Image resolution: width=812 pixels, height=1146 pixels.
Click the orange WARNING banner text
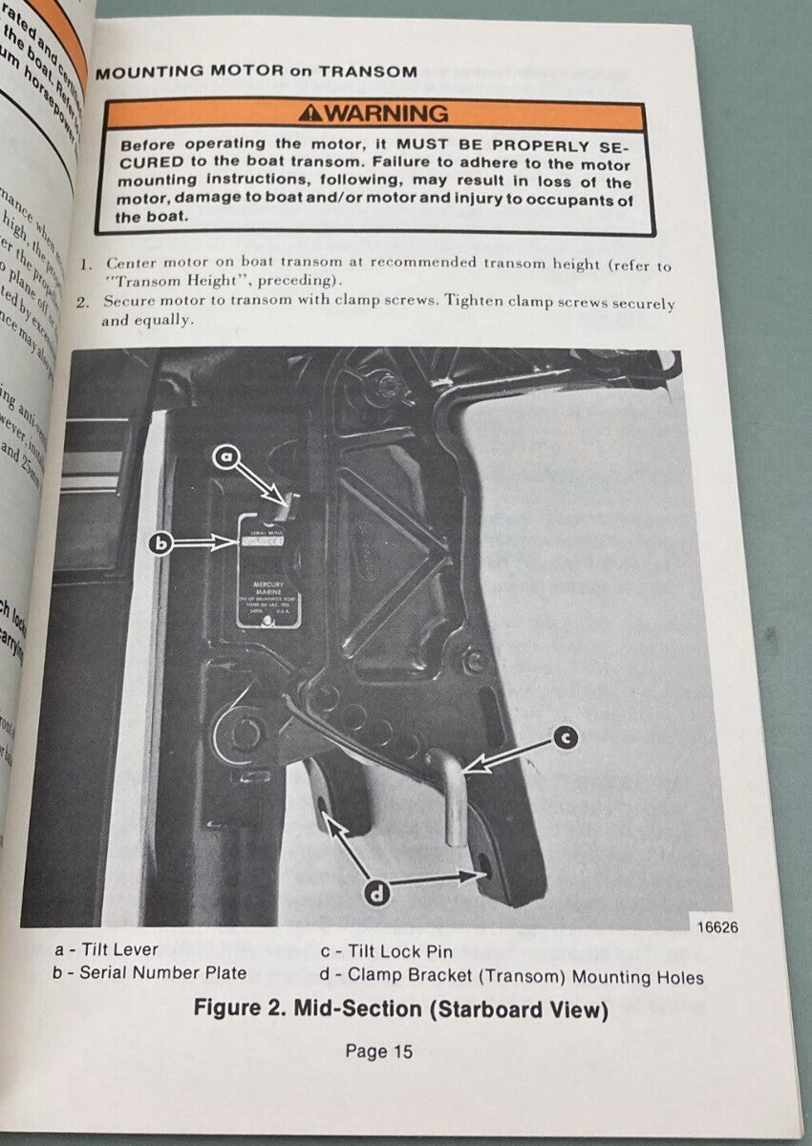[386, 114]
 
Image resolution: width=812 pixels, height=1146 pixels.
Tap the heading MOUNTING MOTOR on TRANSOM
[257, 72]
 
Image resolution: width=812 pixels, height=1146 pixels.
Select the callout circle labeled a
[226, 457]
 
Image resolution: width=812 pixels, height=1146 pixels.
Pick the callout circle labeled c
[566, 736]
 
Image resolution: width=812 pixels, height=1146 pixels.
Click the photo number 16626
[715, 927]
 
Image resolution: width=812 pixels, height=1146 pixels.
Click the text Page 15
[379, 1051]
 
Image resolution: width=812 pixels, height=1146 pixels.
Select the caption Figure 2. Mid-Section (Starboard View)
[400, 1008]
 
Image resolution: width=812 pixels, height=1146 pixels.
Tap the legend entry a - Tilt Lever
[107, 950]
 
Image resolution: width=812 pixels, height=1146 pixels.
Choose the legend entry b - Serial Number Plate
[150, 973]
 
